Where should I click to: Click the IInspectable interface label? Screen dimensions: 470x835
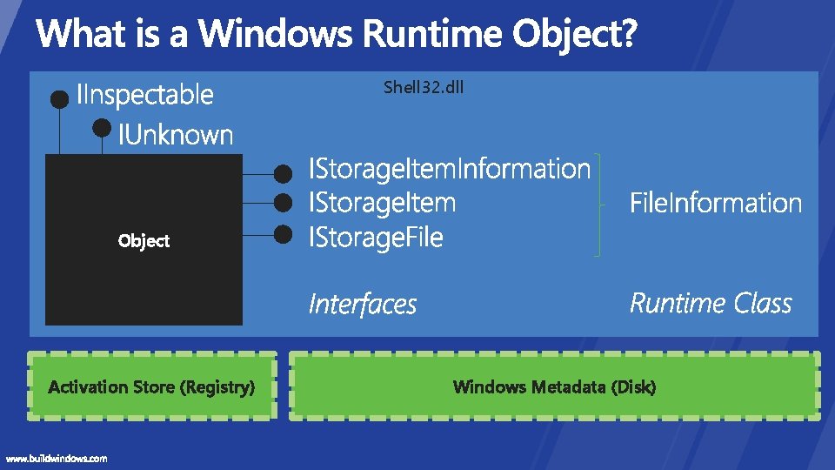coord(145,94)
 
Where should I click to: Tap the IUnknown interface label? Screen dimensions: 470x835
coord(176,135)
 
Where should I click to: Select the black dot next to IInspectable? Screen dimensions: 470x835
coord(59,99)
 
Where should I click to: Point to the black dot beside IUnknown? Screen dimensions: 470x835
coord(103,128)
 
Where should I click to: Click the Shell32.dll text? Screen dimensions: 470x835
coord(424,88)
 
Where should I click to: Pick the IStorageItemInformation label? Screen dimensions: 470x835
coord(450,168)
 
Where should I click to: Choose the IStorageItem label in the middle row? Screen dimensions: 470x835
coord(383,203)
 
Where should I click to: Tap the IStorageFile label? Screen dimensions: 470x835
coord(376,237)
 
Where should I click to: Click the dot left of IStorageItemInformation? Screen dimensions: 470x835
coord(283,171)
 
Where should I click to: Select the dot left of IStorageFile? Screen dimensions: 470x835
coord(283,233)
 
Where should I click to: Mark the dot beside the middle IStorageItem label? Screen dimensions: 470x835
coord(283,203)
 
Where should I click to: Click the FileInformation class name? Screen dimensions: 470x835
coord(715,204)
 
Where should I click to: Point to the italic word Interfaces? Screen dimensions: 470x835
coord(363,305)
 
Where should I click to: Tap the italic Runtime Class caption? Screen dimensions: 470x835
coord(711,304)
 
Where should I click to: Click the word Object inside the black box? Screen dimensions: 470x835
coord(144,240)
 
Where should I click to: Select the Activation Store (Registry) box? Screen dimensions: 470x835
coord(151,386)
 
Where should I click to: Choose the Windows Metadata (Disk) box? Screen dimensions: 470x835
coord(554,386)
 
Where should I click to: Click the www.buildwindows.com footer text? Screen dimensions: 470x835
coord(57,458)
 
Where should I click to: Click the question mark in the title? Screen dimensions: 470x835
coord(628,35)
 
